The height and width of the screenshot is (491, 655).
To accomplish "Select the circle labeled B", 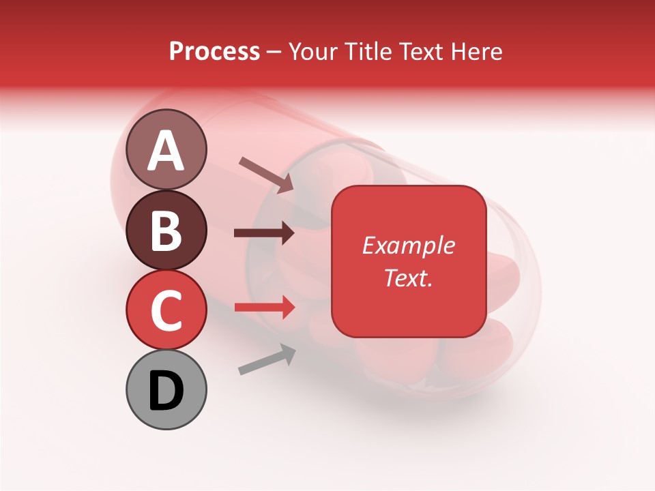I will [x=166, y=230].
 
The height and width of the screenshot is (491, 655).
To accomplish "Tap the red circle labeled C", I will [x=166, y=310].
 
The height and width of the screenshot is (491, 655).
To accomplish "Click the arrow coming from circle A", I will [x=266, y=174].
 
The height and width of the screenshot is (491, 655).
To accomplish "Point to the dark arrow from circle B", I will [x=264, y=233].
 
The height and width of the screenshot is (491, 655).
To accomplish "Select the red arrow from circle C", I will [x=265, y=308].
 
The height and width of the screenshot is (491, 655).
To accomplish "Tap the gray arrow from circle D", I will [x=267, y=359].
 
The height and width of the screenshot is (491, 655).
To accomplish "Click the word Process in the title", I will [x=215, y=52].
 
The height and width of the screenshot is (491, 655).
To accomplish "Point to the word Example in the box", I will [x=409, y=245].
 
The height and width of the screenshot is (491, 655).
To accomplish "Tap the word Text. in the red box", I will [x=409, y=278].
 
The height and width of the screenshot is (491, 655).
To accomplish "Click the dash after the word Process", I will [x=274, y=52].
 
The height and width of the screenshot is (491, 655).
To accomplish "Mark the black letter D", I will [x=166, y=391].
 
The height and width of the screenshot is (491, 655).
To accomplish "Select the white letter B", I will [x=166, y=231].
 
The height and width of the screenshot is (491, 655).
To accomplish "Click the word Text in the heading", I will [x=423, y=52].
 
